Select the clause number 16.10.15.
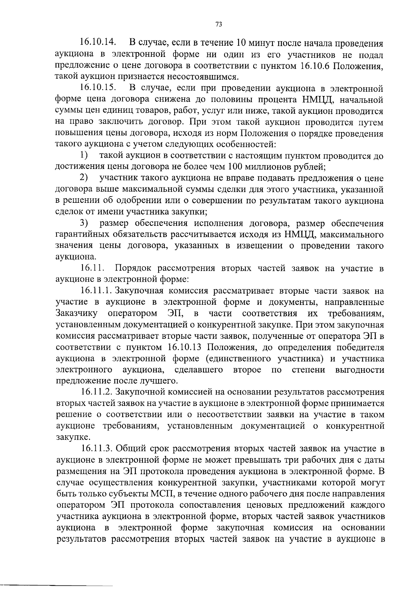point(98,88)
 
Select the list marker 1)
point(83,155)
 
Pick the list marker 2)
point(83,178)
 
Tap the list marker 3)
point(83,223)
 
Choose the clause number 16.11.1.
point(96,291)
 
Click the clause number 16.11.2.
point(97,392)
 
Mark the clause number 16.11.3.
point(97,449)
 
